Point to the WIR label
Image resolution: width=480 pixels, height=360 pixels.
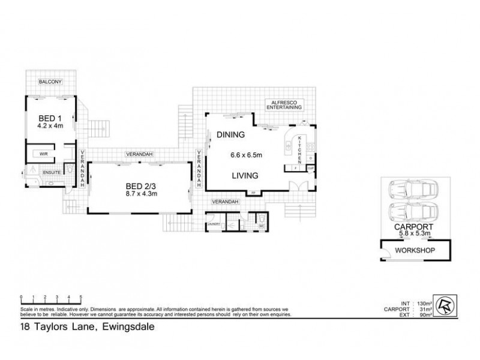click(x=44, y=154)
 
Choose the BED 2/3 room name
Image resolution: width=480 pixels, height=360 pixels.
click(x=139, y=186)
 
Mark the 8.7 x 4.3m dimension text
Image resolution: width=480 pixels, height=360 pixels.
click(x=139, y=194)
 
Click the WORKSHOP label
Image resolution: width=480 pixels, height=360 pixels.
click(x=412, y=250)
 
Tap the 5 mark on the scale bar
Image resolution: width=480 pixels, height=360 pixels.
click(x=80, y=297)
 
